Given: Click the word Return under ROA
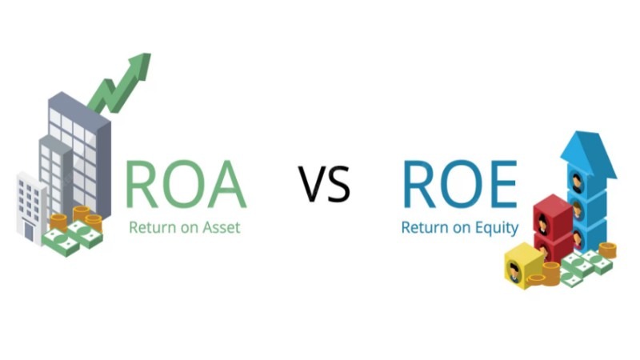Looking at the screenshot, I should pyautogui.click(x=150, y=227).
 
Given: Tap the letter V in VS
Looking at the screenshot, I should pyautogui.click(x=314, y=183).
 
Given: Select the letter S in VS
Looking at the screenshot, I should pyautogui.click(x=340, y=183).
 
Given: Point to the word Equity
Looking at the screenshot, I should pyautogui.click(x=496, y=228).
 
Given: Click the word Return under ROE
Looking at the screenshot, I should pyautogui.click(x=423, y=228).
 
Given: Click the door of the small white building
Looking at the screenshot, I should pyautogui.click(x=28, y=232).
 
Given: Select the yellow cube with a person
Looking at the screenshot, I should pyautogui.click(x=516, y=269).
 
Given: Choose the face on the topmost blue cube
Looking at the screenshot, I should pyautogui.click(x=578, y=182).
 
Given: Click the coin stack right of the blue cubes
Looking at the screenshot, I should pyautogui.click(x=607, y=250).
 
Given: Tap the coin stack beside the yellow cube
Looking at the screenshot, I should pyautogui.click(x=547, y=272).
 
